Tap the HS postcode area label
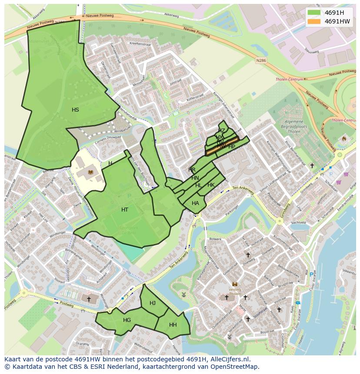pos(75,110)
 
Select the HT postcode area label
pos(125,210)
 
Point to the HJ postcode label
pos(153,303)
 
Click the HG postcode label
pos(127,320)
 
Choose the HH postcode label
pos(173,325)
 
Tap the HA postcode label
pos(195,203)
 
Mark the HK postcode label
pos(211,185)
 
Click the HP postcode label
pos(232,147)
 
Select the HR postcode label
pos(192,169)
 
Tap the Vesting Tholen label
pos(235,290)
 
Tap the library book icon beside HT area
pos(90,172)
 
